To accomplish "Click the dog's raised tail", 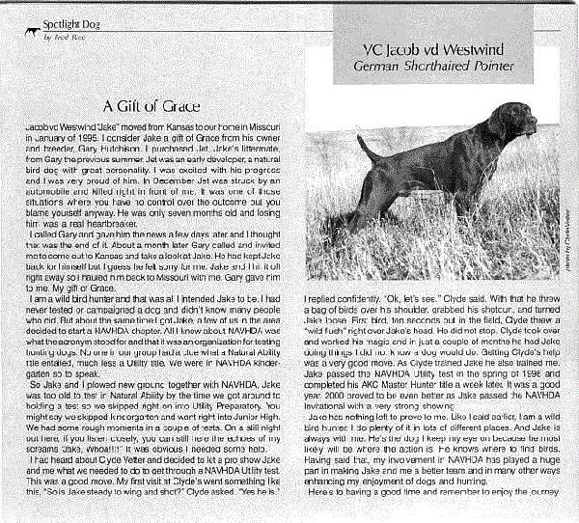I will click(x=366, y=145).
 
